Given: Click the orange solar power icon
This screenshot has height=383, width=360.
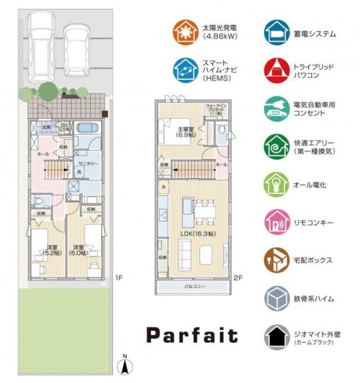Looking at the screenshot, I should coord(185,32).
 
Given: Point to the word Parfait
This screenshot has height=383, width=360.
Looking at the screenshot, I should coord(192,335).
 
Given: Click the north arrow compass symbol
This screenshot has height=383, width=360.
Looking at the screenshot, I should coord(124,365).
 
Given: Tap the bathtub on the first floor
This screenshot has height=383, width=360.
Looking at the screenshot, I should coord(88,128).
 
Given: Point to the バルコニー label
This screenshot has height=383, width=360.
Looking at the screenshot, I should coord(195,287).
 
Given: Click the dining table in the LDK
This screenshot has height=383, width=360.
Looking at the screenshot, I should coord(205,212).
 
